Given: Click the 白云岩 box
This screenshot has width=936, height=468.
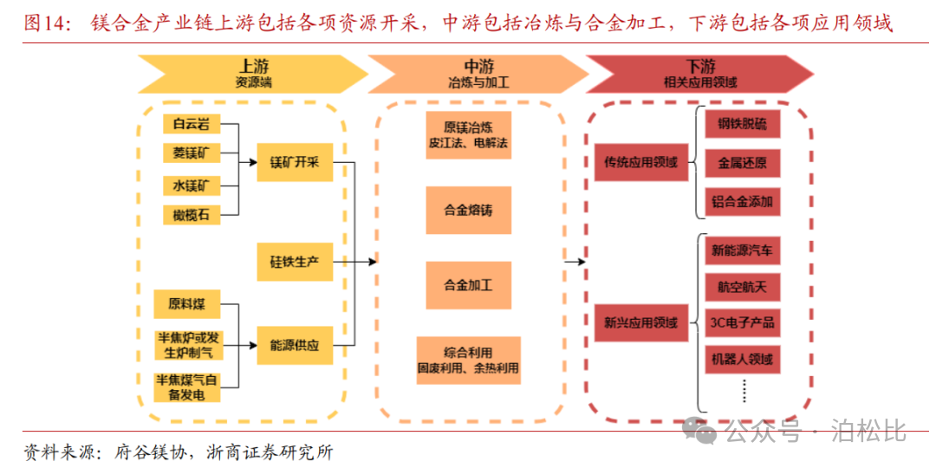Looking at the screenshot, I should (x=191, y=124).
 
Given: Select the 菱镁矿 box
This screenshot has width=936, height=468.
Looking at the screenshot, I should (x=191, y=154).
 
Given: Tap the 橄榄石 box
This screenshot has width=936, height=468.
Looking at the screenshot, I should (x=191, y=214).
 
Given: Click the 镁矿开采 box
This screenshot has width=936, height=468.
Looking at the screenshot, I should (x=295, y=162).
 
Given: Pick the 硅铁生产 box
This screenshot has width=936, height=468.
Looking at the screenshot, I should (x=295, y=261).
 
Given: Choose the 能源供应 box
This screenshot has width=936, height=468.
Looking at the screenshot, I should (x=295, y=345).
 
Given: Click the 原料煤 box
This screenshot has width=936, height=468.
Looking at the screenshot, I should (x=187, y=304).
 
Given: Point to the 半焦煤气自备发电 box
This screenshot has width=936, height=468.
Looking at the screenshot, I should (x=187, y=387).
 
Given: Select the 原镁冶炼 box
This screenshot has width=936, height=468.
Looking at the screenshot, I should (x=468, y=133).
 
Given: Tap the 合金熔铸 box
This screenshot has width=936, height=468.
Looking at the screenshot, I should (x=468, y=210).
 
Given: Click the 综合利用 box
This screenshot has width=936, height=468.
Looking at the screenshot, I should (x=468, y=361).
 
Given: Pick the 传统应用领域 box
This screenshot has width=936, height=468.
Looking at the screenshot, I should (x=640, y=162).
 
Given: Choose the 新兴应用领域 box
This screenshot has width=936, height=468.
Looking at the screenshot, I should (x=640, y=323).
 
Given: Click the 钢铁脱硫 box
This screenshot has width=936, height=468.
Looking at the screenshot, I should (x=742, y=124).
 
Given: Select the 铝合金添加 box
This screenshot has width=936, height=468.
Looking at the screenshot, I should (x=742, y=202).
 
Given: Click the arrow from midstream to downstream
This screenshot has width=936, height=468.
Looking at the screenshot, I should (x=572, y=260).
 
